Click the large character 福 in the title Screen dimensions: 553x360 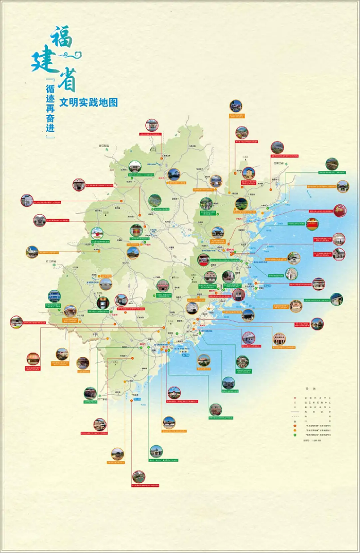pos(62,37)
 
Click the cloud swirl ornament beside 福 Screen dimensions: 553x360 pos(73,54)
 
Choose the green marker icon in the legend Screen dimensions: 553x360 pos(295,435)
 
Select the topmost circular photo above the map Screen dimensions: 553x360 pos(235,106)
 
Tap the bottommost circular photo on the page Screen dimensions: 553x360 pos(139,477)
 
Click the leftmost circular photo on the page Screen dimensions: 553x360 pos(16,322)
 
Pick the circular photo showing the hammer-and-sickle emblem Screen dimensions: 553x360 pos(312,224)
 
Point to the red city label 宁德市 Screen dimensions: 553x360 pos(239,219)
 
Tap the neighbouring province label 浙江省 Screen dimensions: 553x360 pos(280,163)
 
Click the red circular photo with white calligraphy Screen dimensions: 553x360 pos(340,210)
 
